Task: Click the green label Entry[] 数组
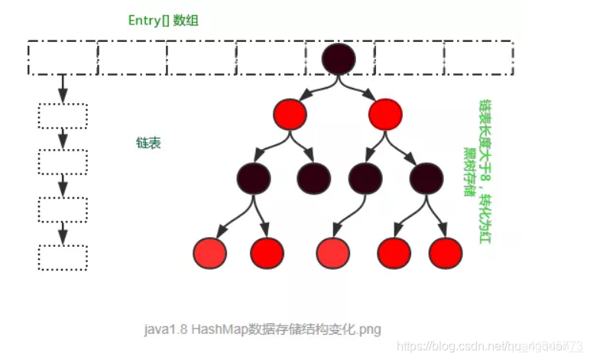pyautogui.click(x=162, y=21)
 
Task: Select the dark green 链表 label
pyautogui.click(x=148, y=143)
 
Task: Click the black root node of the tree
pyautogui.click(x=339, y=58)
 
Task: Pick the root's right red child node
pyautogui.click(x=384, y=115)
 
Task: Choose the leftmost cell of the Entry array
pyautogui.click(x=63, y=57)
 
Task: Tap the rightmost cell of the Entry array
pyautogui.click(x=477, y=57)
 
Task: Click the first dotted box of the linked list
pyautogui.click(x=63, y=116)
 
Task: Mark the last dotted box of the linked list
pyautogui.click(x=63, y=258)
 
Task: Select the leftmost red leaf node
pyautogui.click(x=211, y=253)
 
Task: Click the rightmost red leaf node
pyautogui.click(x=446, y=253)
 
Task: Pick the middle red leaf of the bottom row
pyautogui.click(x=333, y=253)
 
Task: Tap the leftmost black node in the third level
pyautogui.click(x=254, y=178)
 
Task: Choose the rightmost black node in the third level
pyautogui.click(x=426, y=178)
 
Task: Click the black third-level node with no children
pyautogui.click(x=314, y=178)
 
